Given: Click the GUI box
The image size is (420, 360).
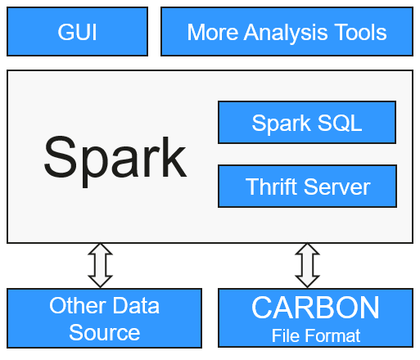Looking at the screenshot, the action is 77,32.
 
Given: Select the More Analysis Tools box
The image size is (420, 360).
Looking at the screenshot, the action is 287,32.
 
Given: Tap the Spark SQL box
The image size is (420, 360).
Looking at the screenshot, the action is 307,123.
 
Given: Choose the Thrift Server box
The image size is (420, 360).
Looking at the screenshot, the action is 307,187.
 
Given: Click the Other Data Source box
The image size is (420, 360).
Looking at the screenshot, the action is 104,318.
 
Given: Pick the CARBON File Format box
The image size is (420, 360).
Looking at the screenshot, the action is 315,318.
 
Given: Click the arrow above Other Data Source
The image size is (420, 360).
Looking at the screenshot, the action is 100,265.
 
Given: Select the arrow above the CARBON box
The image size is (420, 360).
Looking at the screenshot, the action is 307,265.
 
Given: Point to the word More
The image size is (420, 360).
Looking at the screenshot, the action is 213,32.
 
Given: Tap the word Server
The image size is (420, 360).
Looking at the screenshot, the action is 336,187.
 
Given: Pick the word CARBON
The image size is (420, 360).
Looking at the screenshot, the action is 315,308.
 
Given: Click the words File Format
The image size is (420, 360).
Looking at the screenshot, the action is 316,335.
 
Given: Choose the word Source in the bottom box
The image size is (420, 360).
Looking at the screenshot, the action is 104,332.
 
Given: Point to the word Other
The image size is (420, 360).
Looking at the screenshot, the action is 78,305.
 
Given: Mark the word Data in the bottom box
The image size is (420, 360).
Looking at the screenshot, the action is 136,305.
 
